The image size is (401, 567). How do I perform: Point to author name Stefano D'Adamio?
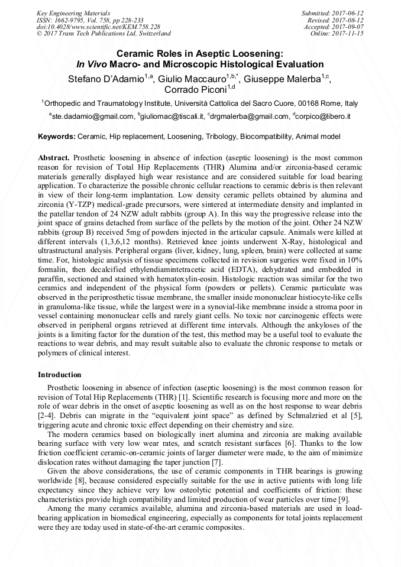103,77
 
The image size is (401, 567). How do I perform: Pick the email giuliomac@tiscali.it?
173,116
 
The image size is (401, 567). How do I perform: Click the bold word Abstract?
54,158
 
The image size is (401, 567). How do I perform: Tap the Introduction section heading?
60,375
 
